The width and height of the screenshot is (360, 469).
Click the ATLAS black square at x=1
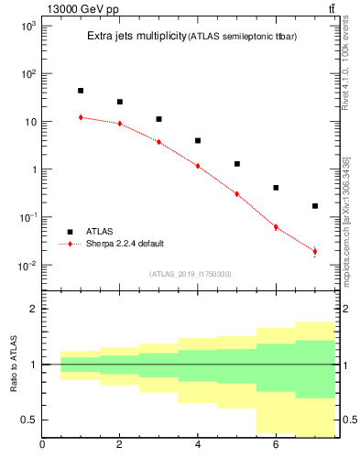81,91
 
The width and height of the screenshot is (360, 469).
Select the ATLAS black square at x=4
198,140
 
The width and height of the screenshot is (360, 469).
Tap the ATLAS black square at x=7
315,206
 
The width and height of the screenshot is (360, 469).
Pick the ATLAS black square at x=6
276,188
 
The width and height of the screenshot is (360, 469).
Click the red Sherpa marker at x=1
81,117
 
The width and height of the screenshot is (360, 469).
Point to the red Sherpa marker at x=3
158,142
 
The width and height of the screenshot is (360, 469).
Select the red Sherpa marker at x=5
236,194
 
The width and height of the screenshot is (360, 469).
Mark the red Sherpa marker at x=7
315,251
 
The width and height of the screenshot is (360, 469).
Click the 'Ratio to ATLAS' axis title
13,365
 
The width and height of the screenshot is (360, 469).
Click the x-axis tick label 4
198,446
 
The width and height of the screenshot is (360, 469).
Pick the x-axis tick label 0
42,446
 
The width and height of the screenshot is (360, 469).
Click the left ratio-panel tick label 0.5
28,420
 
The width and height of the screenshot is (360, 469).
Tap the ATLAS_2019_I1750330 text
191,274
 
